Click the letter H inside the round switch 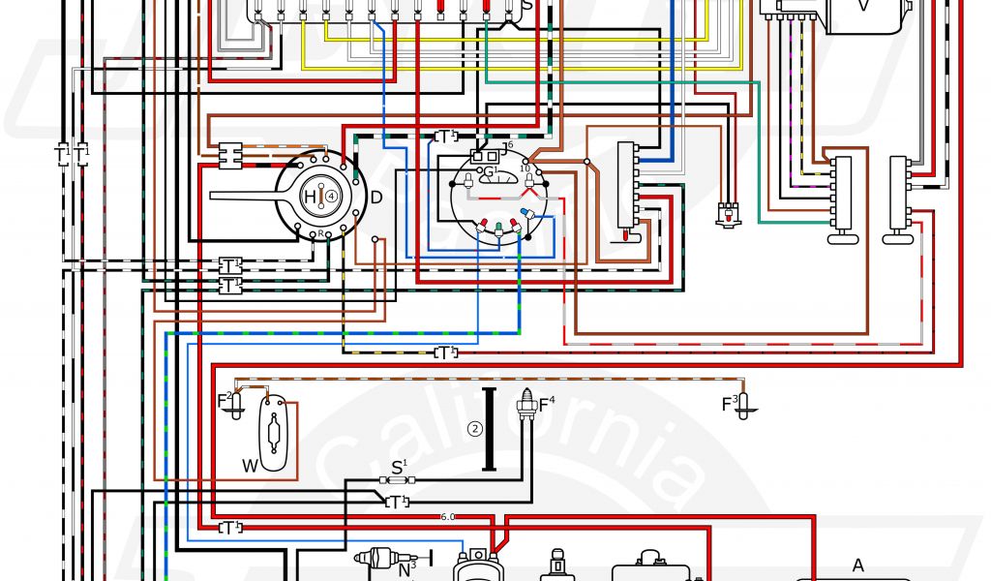[x=311, y=197]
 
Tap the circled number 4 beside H [x=332, y=196]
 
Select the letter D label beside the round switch [x=375, y=198]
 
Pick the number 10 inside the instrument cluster [x=526, y=168]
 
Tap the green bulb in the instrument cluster [x=496, y=229]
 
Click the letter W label [x=250, y=466]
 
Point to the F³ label [x=730, y=403]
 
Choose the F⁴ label [x=547, y=401]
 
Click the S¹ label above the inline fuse [x=398, y=468]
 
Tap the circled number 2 [x=474, y=429]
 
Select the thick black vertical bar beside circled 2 [x=490, y=429]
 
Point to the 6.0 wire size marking [x=448, y=516]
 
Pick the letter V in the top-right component [x=864, y=6]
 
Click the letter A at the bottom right [x=856, y=566]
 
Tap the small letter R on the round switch [x=320, y=234]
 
